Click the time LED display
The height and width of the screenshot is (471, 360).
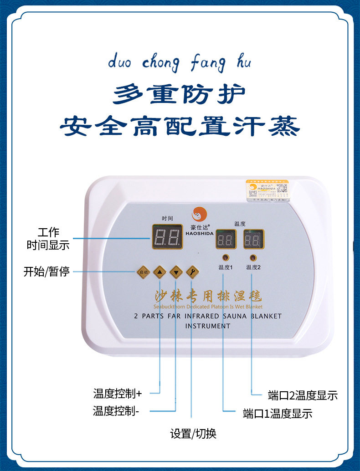tap(167, 236)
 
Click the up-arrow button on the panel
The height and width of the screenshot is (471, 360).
tap(159, 272)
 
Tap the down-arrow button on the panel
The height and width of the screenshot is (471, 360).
tap(176, 272)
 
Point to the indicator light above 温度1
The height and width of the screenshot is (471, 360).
tap(223, 257)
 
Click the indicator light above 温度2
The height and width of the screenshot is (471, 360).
tap(252, 257)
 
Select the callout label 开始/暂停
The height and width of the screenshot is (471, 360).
tap(46, 272)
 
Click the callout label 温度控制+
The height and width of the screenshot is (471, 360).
tap(118, 393)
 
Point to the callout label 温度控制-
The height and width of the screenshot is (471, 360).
tap(116, 411)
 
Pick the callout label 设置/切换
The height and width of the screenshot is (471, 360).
tap(193, 434)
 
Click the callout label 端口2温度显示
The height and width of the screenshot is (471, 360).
tap(303, 395)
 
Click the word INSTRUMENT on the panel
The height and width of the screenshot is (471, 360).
tap(208, 326)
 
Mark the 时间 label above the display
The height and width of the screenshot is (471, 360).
tap(167, 219)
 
